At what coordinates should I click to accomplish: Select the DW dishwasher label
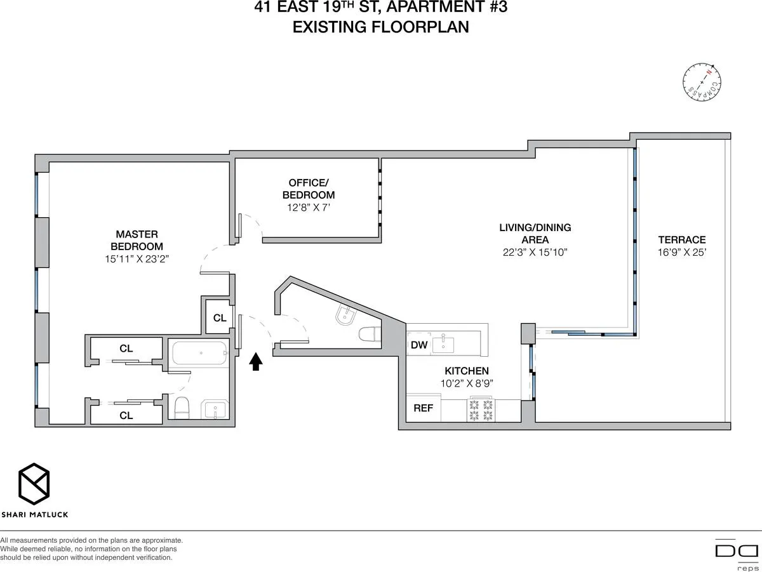click(x=419, y=345)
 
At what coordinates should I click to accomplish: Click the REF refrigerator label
click(x=423, y=408)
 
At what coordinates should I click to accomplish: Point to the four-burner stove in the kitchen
click(x=481, y=410)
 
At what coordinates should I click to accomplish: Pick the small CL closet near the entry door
click(x=220, y=317)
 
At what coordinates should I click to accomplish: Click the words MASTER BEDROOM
click(x=137, y=240)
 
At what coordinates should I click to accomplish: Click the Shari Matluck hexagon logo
click(x=34, y=482)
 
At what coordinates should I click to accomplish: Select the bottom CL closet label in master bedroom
click(x=126, y=415)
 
